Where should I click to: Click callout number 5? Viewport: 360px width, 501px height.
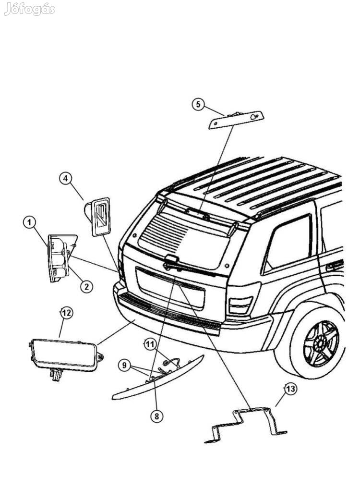[198, 104]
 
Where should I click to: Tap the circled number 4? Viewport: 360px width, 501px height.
[66, 179]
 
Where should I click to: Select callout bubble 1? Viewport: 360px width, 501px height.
[30, 222]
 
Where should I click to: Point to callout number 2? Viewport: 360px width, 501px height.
[86, 287]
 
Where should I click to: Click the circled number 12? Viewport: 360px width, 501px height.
[66, 313]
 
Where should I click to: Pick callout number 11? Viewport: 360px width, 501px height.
[150, 344]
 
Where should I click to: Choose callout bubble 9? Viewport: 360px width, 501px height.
[124, 366]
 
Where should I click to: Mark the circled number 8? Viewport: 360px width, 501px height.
[156, 416]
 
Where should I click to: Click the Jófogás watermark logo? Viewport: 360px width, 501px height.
[29, 9]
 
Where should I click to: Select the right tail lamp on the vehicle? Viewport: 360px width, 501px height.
[240, 304]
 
